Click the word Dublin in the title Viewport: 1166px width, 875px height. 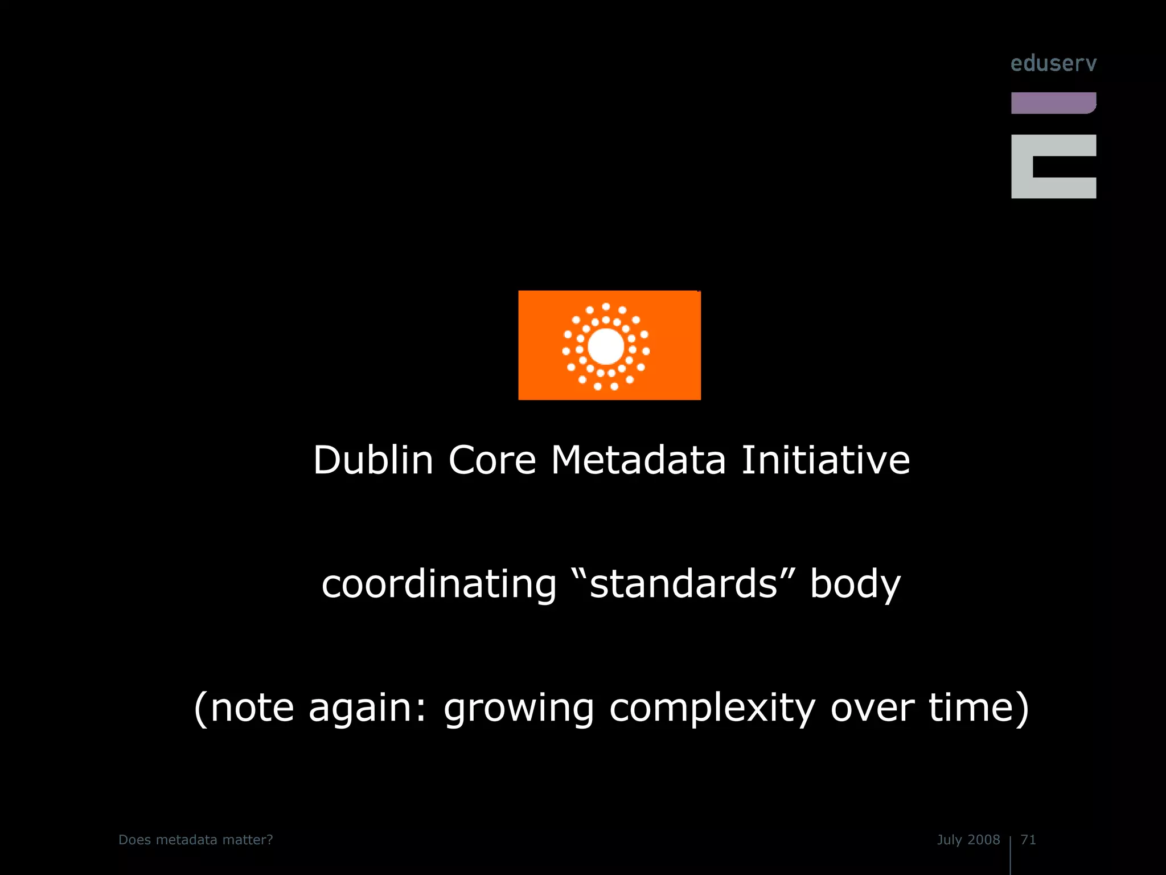point(373,460)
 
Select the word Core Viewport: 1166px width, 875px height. point(492,460)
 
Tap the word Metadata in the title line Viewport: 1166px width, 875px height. point(638,460)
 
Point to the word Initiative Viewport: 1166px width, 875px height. point(826,460)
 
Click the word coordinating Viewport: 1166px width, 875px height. point(439,584)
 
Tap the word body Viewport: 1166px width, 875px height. point(855,584)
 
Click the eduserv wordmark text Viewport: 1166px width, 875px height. point(1053,63)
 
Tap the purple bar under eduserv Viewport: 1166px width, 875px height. point(1053,103)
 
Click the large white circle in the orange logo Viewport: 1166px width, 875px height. point(606,346)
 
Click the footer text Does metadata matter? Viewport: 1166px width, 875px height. point(196,840)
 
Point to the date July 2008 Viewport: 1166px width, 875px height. point(968,840)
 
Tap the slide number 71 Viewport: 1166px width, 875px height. point(1028,840)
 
